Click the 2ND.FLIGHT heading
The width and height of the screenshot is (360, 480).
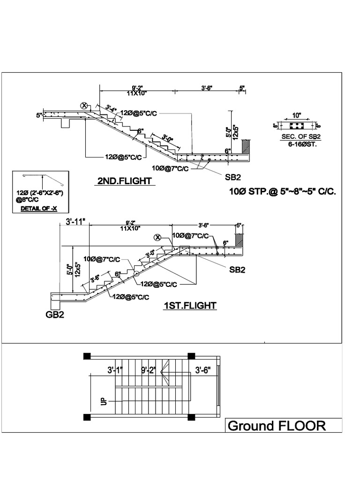[x=125, y=181]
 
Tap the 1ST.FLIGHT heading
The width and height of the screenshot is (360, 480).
[x=190, y=306]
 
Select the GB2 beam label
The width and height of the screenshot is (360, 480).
[x=55, y=315]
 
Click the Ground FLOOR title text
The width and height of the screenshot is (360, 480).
[x=277, y=426]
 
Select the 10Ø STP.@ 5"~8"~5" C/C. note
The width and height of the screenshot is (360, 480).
[x=283, y=192]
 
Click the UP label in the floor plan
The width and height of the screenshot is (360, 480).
[x=103, y=402]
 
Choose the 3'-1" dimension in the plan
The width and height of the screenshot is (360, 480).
[x=114, y=370]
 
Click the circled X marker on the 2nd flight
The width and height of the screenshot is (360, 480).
[x=85, y=105]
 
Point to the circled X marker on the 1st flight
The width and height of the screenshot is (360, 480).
[x=158, y=238]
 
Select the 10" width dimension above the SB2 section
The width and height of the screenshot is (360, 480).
[x=297, y=115]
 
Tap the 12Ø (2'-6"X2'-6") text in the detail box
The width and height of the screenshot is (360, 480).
[x=42, y=193]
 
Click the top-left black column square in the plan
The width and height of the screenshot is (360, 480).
[x=87, y=356]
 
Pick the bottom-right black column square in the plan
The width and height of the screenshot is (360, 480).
[x=191, y=417]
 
